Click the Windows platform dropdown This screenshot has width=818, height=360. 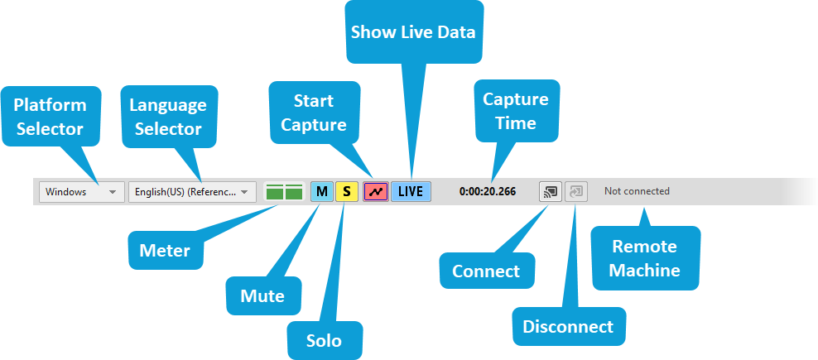point(81,192)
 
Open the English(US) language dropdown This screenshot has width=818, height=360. point(192,192)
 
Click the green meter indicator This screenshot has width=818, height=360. point(283,192)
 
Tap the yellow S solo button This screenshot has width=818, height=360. point(347,192)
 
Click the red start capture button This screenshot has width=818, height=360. point(376,192)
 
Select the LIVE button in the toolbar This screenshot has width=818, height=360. point(410,192)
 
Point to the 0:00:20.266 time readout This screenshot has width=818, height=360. point(488,192)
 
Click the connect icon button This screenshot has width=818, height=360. point(549,192)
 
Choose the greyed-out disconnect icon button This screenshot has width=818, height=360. point(576,192)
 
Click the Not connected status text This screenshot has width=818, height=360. point(637,192)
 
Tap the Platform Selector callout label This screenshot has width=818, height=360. point(50,117)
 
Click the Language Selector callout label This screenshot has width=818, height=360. point(168,117)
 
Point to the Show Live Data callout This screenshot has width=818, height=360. point(413,32)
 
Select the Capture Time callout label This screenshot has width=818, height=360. point(516,111)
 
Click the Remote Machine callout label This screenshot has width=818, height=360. point(645,258)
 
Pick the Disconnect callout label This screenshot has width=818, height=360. point(568,327)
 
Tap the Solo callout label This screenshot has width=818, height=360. point(324,340)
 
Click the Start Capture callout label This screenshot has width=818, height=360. point(314,113)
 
